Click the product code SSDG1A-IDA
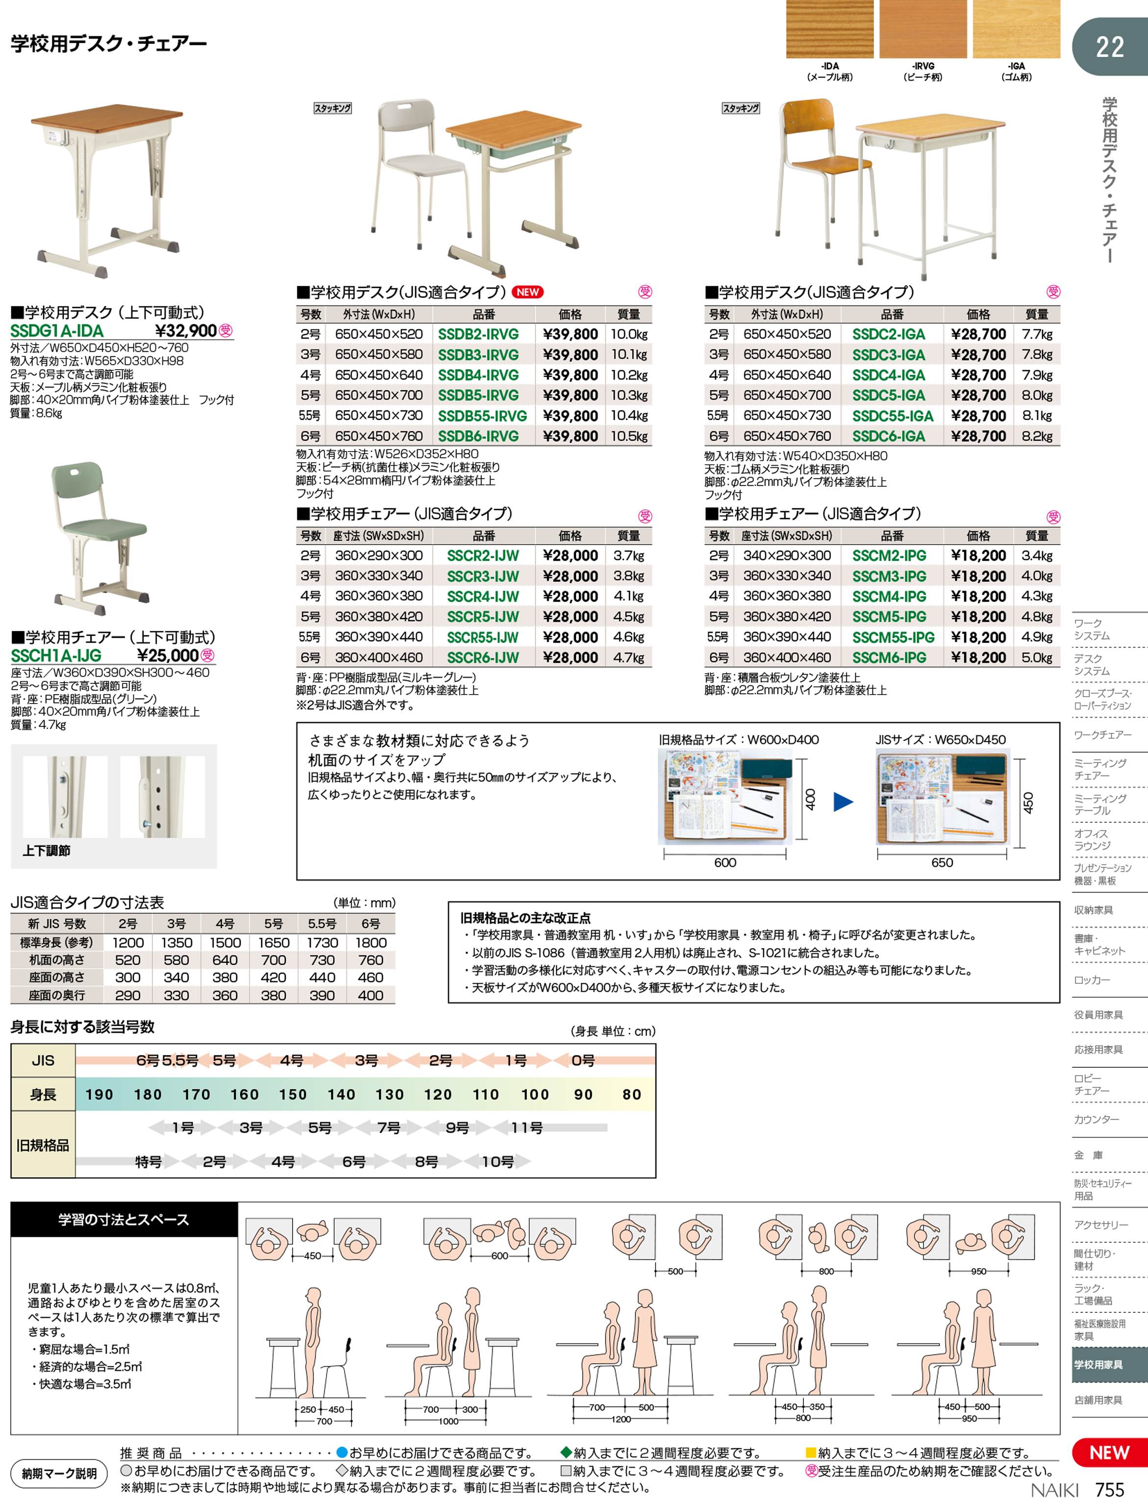point(57,331)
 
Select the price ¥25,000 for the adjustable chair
point(168,655)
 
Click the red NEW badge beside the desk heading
point(527,292)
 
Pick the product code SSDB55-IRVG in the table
point(482,416)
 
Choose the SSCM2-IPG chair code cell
point(889,555)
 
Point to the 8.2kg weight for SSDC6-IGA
point(1037,436)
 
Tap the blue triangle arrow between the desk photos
point(843,801)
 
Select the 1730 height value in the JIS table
point(322,943)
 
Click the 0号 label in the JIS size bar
point(583,1060)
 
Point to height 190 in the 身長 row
point(99,1094)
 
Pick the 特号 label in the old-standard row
point(149,1161)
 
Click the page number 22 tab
point(1110,47)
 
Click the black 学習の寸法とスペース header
point(124,1219)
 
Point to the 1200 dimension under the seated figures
point(621,1418)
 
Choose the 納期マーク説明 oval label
point(59,1473)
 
